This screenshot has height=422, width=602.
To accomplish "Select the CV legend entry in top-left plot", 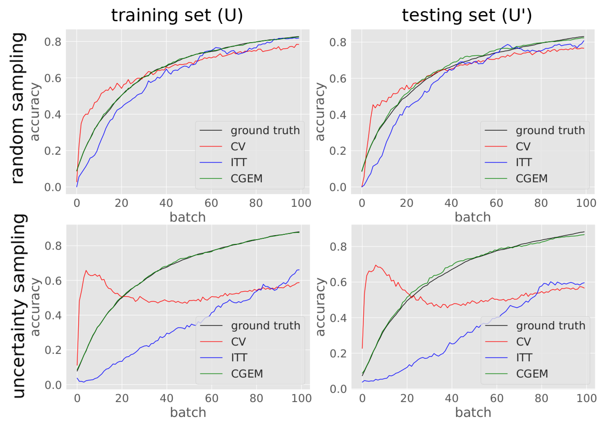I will tap(238, 146).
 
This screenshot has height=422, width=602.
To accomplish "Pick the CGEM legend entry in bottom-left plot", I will tap(247, 374).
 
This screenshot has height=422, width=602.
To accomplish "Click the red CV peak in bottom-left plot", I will tap(86, 270).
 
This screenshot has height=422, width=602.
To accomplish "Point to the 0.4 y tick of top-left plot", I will tap(53, 114).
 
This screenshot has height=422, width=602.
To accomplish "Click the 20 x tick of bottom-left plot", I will tap(122, 398).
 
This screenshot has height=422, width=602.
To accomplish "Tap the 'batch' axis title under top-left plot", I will tap(187, 217).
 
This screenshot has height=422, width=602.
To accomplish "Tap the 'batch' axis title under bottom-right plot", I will tap(473, 412).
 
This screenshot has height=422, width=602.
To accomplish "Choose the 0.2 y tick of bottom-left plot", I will tap(53, 350).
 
